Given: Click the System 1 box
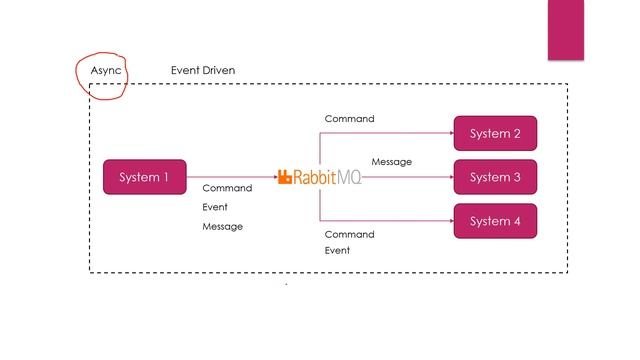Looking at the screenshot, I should [145, 177].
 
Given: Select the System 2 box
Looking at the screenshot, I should [495, 133].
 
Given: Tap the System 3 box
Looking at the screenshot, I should [495, 177].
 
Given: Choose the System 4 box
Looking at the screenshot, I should [495, 221].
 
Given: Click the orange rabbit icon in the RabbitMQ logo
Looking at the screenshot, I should [284, 177].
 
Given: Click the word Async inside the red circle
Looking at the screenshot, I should [105, 71].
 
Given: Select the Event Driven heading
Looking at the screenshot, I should [204, 71].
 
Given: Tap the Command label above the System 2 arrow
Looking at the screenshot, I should [349, 119].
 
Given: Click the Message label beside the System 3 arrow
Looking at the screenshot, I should [391, 162].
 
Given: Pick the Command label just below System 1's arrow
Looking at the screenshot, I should [227, 188].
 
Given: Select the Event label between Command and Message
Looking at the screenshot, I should [215, 207].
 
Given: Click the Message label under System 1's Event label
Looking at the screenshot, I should [222, 226].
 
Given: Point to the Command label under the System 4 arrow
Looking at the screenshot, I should [349, 234].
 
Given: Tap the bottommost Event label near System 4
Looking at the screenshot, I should [337, 251].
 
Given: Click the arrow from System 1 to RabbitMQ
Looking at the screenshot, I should [230, 177].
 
